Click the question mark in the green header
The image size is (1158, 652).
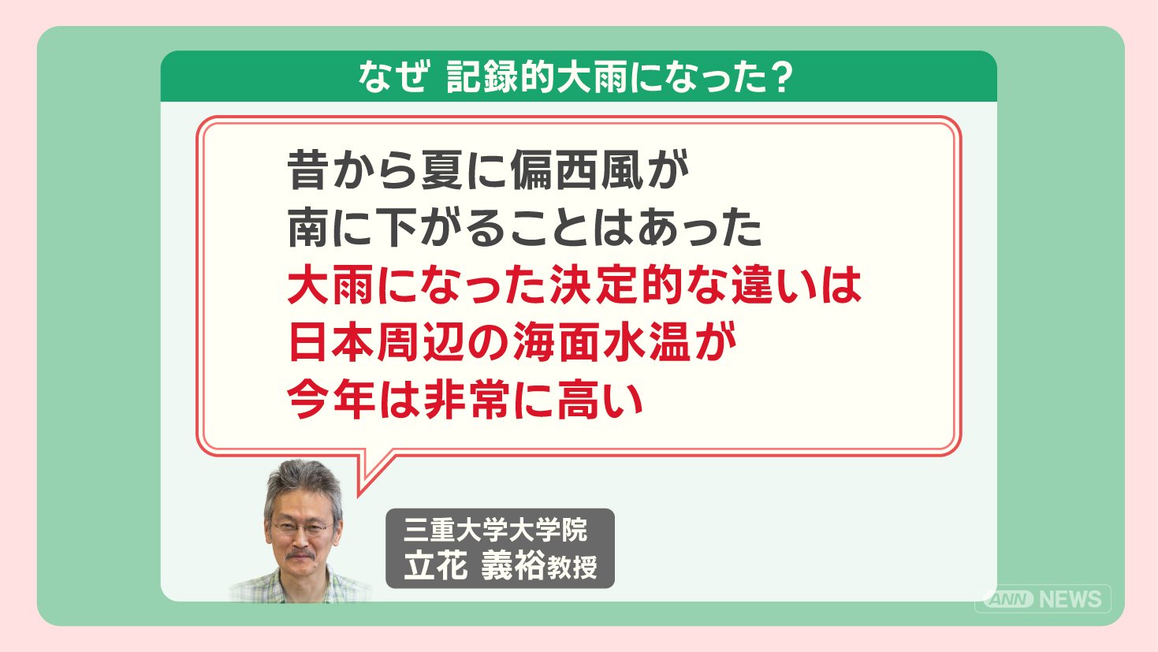click(x=779, y=77)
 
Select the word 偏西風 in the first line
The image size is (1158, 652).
click(x=578, y=170)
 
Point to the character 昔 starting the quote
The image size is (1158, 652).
click(x=307, y=170)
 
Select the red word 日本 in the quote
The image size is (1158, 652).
click(x=331, y=342)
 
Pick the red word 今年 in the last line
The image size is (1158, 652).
click(x=331, y=400)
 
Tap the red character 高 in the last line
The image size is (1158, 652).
click(x=579, y=400)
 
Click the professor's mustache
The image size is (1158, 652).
click(x=301, y=555)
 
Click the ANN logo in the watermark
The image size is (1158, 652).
click(x=1008, y=599)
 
